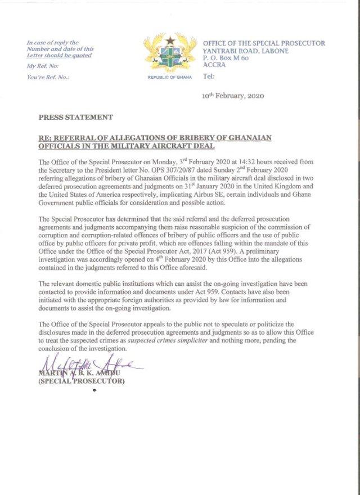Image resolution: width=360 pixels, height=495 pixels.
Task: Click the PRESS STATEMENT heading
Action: click(x=75, y=117)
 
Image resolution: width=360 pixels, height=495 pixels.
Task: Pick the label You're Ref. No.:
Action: click(x=48, y=77)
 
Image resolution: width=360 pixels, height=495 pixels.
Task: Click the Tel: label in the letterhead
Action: click(x=208, y=76)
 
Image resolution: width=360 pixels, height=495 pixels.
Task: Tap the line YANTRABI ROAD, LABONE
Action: click(x=245, y=51)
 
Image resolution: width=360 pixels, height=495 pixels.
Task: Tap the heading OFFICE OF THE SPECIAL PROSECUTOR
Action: click(x=263, y=43)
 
